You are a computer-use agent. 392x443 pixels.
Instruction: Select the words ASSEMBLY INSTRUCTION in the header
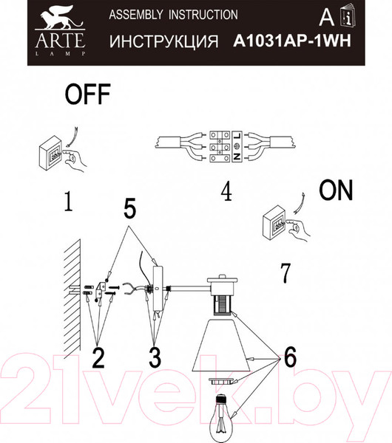[x=173, y=15]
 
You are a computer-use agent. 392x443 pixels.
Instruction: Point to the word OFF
[x=87, y=95]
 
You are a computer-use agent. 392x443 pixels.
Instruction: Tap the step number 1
[x=67, y=202]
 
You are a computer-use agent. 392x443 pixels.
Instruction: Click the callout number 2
[x=98, y=358]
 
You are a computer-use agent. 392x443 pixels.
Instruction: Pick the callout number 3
[x=154, y=358]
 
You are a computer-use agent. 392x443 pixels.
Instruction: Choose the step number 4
[x=226, y=192]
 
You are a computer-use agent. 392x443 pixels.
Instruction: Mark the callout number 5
[x=130, y=210]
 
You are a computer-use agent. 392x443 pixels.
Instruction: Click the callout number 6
[x=288, y=358]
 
